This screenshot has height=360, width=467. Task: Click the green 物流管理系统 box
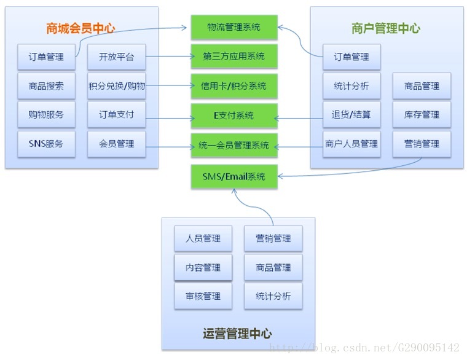(x=234, y=27)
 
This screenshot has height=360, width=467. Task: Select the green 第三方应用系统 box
(x=234, y=57)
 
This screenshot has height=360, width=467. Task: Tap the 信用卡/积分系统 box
(x=234, y=86)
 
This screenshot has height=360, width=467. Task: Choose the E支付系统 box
(x=234, y=115)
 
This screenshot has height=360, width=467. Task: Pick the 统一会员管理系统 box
(x=234, y=146)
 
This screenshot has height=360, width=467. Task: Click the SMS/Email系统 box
(x=234, y=176)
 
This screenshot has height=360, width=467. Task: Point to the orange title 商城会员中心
(x=80, y=28)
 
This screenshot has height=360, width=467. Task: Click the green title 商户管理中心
(x=386, y=28)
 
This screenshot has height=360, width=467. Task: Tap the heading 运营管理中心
(x=237, y=334)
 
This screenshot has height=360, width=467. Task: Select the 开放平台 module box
(x=117, y=57)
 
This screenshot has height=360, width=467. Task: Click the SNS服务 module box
(x=47, y=144)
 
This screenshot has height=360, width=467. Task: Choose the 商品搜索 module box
(x=47, y=86)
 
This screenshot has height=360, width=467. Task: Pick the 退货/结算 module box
(x=351, y=115)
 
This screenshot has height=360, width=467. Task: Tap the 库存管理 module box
(x=422, y=115)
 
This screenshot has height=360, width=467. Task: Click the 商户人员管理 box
(x=351, y=144)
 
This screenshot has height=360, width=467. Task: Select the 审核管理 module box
(x=203, y=296)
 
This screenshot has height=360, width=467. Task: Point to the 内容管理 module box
(x=203, y=267)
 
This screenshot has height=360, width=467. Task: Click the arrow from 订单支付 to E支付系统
(x=170, y=118)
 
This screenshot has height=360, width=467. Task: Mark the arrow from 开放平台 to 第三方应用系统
(x=170, y=56)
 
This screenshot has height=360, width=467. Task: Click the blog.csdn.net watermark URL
(x=364, y=348)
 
